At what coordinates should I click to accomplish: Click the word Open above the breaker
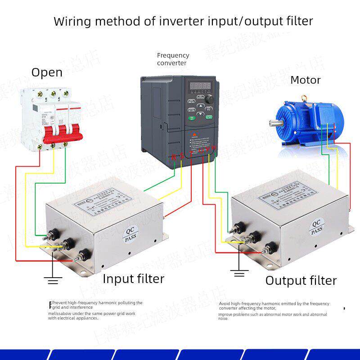(47, 72)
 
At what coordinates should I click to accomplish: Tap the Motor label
(305, 80)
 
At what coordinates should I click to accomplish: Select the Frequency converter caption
(173, 59)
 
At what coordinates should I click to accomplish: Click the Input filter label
(133, 279)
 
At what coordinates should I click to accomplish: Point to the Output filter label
(301, 280)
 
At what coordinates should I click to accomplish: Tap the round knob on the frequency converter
(210, 99)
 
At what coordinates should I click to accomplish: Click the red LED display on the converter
(200, 85)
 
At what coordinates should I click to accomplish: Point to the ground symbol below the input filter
(53, 281)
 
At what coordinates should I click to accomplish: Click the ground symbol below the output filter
(239, 273)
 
